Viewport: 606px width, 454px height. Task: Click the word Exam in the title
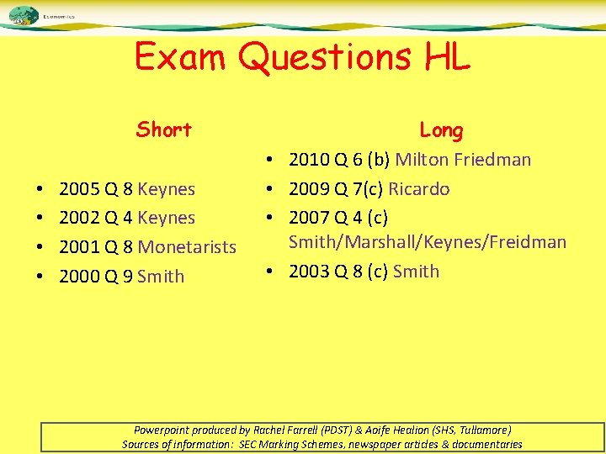[180, 57]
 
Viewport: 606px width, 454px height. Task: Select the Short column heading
[164, 129]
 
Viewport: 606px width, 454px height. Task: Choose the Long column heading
[441, 130]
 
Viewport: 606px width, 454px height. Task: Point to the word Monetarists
[187, 247]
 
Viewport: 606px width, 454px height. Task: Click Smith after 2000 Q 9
[161, 277]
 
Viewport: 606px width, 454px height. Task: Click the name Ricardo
[418, 188]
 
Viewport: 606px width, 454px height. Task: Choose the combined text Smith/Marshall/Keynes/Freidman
[428, 242]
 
